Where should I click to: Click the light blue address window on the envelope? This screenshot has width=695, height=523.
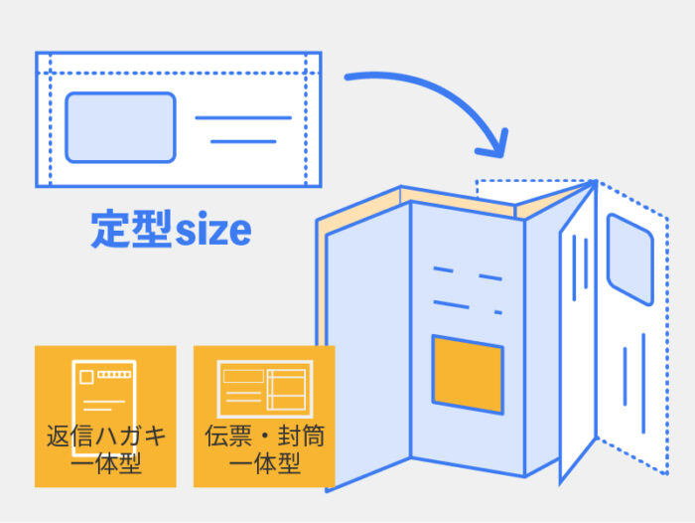pyautogui.click(x=120, y=127)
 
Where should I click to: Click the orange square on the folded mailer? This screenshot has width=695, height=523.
pyautogui.click(x=467, y=374)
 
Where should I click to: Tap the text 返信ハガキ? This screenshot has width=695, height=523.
pyautogui.click(x=106, y=436)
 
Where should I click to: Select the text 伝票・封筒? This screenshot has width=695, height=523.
pyautogui.click(x=265, y=436)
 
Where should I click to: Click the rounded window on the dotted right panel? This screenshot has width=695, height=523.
pyautogui.click(x=629, y=258)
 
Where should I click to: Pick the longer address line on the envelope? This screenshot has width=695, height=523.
pyautogui.click(x=243, y=118)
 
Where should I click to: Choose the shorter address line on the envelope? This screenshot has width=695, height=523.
pyautogui.click(x=243, y=141)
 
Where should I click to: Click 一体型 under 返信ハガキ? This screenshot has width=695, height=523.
pyautogui.click(x=106, y=463)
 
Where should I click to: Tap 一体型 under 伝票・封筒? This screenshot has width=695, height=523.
pyautogui.click(x=265, y=463)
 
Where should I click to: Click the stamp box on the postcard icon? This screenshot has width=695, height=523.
pyautogui.click(x=86, y=377)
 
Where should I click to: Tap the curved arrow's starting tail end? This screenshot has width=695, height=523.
pyautogui.click(x=347, y=76)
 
